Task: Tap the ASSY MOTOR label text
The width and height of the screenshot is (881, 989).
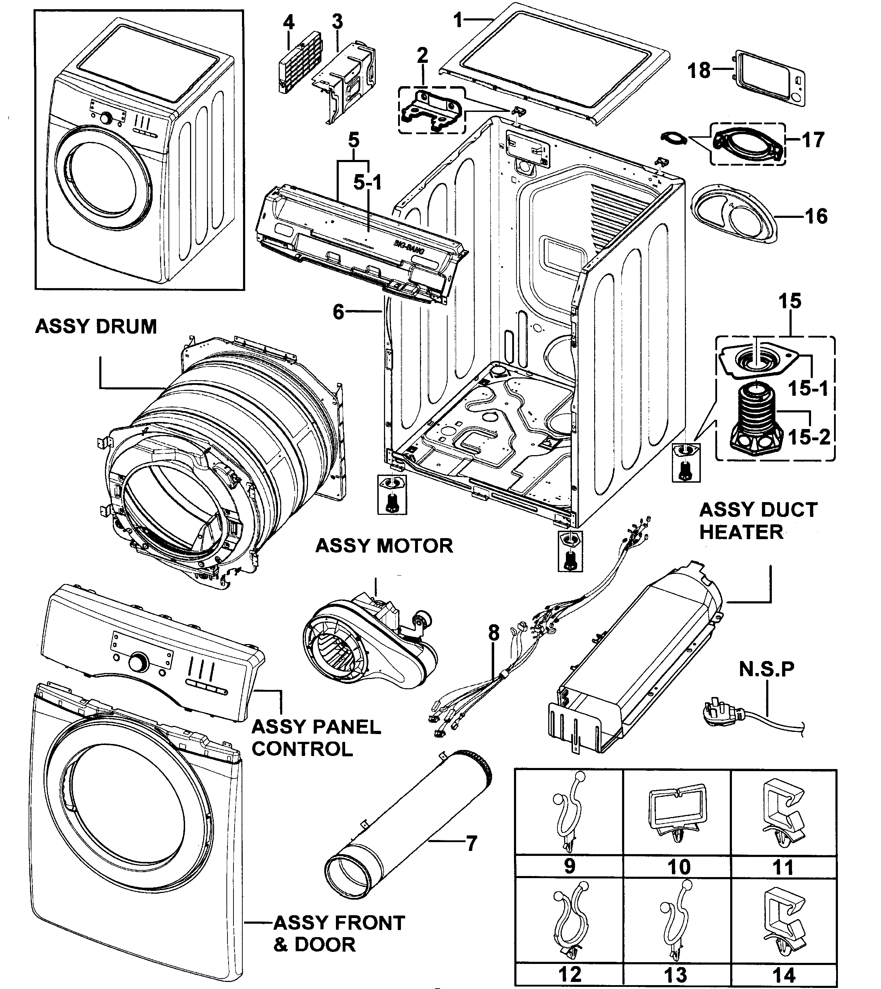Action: click(x=384, y=546)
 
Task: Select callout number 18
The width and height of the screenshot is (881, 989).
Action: click(x=699, y=71)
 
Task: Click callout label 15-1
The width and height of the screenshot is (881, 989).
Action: click(x=808, y=388)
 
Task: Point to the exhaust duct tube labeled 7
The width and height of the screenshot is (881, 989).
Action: click(x=407, y=823)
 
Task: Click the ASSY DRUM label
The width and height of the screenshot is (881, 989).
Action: click(x=96, y=327)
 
